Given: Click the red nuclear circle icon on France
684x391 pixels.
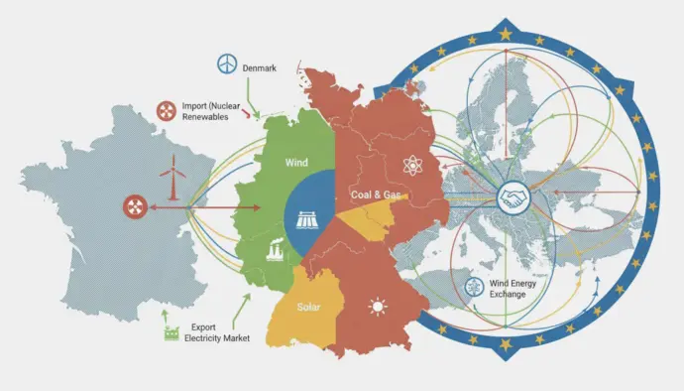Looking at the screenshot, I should coord(134,206).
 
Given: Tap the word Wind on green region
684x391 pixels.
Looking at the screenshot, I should coord(296,162).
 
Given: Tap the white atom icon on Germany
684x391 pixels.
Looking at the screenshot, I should coord(410,166).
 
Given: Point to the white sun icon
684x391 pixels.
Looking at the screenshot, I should coord(377,306).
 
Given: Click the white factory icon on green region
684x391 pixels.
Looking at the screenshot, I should coord(274,253).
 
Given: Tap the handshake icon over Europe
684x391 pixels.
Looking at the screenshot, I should coord(513,198).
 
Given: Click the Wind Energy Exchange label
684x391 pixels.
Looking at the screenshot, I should coord(513,288).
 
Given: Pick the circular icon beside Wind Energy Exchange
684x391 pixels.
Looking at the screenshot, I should coord(475,288).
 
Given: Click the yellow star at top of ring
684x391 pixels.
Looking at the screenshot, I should coord(506,34).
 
